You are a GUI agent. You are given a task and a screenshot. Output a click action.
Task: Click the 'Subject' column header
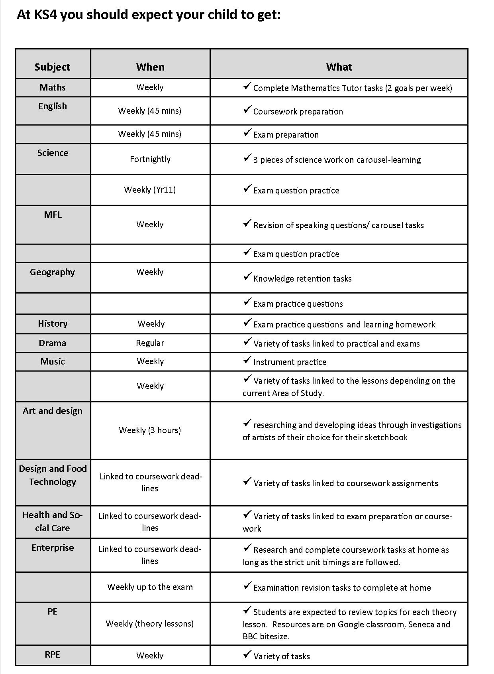pyautogui.click(x=52, y=67)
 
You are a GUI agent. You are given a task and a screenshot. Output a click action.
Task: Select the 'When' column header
pyautogui.click(x=150, y=67)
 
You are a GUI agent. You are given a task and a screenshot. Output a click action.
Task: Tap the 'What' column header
pyautogui.click(x=339, y=67)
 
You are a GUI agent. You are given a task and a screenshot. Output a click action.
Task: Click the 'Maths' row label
pyautogui.click(x=52, y=87)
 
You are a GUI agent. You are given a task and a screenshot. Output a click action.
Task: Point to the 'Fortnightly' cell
pyautogui.click(x=150, y=159)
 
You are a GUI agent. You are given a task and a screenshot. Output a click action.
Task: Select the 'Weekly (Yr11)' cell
pyautogui.click(x=150, y=189)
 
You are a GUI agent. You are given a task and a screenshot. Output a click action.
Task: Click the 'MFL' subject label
pyautogui.click(x=53, y=215)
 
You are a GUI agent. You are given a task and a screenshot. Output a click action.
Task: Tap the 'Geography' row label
pyautogui.click(x=52, y=272)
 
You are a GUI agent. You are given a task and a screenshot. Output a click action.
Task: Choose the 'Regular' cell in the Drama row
pyautogui.click(x=150, y=343)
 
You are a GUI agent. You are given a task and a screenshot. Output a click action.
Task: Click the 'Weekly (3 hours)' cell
pyautogui.click(x=150, y=430)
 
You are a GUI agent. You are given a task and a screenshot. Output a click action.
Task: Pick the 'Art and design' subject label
pyautogui.click(x=52, y=411)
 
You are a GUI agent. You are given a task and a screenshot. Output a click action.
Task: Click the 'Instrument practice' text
pyautogui.click(x=290, y=362)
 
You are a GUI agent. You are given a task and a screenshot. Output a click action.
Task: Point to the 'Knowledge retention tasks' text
pyautogui.click(x=302, y=279)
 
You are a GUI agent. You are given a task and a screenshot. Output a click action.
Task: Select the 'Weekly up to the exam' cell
pyautogui.click(x=150, y=587)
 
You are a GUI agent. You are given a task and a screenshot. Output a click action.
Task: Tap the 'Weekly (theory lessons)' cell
pyautogui.click(x=150, y=624)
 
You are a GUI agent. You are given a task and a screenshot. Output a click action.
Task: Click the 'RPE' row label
pyautogui.click(x=52, y=655)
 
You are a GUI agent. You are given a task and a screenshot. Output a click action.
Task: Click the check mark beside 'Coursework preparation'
pyautogui.click(x=247, y=109)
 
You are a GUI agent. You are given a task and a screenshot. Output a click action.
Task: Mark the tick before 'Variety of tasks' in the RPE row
pyautogui.click(x=247, y=654)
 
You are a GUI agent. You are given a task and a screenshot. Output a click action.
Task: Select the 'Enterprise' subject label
pyautogui.click(x=53, y=548)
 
